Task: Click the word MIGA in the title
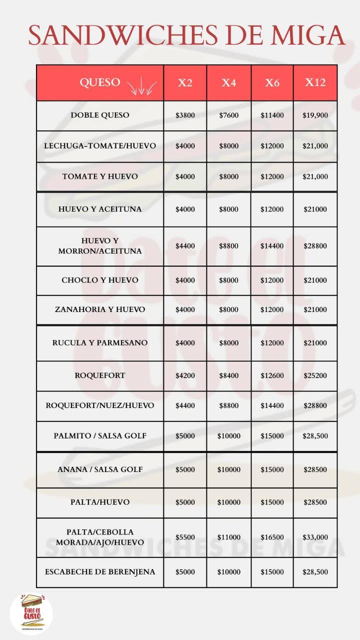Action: [x=307, y=35]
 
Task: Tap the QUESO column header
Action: [x=100, y=82]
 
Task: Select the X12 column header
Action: [x=315, y=82]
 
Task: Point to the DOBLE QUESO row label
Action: [x=100, y=115]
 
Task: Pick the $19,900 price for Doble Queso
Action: [x=315, y=115]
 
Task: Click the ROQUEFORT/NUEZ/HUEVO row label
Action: [x=100, y=405]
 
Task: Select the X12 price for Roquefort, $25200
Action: [x=315, y=375]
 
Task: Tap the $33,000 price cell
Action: [x=315, y=537]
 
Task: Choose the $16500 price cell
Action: [x=272, y=537]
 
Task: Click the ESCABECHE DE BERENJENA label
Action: [x=100, y=571]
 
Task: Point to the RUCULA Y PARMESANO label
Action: [x=100, y=343]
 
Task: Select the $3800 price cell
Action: [x=185, y=115]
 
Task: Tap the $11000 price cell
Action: [x=228, y=537]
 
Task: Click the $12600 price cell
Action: [x=272, y=375]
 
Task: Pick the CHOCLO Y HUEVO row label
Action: [x=100, y=280]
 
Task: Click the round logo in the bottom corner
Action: [x=31, y=612]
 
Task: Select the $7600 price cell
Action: [x=228, y=115]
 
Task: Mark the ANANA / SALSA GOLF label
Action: [x=100, y=469]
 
